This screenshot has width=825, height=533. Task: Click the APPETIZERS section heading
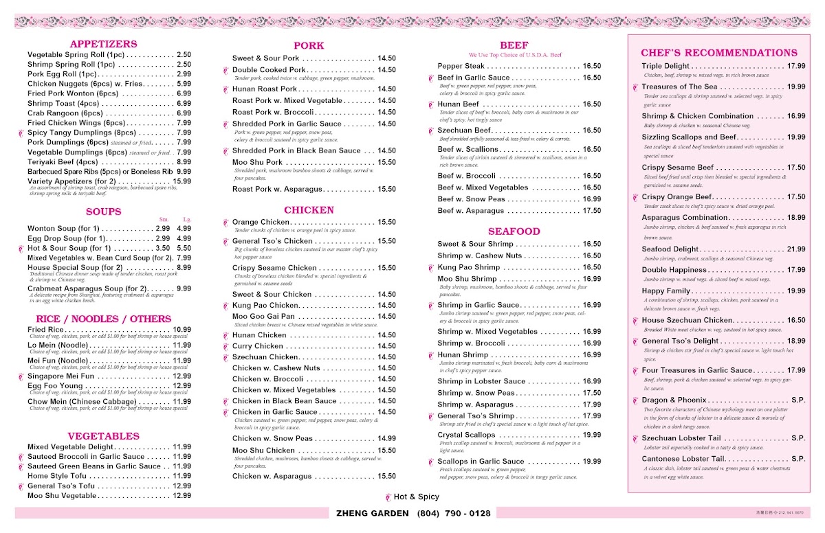point(103,44)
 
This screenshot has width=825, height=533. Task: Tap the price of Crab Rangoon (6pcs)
point(184,113)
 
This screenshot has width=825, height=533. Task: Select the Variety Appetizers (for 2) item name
point(71,181)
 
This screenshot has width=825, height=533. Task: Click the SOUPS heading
point(103,212)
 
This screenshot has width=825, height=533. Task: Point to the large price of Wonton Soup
point(184,229)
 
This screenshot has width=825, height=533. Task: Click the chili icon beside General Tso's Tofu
point(22,486)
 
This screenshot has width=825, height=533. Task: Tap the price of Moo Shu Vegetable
point(181,495)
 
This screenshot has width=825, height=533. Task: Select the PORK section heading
point(309,46)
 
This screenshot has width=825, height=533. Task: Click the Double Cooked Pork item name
point(269,70)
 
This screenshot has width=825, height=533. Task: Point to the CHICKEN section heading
point(309,210)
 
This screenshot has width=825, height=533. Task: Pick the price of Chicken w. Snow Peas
point(386,438)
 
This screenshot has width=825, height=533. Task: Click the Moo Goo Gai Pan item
point(265,317)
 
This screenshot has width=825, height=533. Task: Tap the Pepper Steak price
point(591,66)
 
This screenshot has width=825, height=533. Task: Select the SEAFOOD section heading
point(514,231)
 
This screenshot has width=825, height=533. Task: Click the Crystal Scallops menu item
point(466,435)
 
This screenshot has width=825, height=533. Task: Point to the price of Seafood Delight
point(796,249)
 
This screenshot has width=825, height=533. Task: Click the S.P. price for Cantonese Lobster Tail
point(797,459)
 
